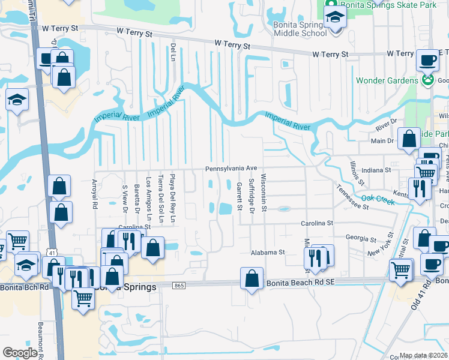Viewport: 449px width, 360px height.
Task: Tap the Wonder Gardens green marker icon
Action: [427, 80]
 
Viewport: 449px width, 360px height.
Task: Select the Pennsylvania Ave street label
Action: [231, 169]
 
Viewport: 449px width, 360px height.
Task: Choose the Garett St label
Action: [238, 196]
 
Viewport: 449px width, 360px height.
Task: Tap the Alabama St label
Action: [268, 253]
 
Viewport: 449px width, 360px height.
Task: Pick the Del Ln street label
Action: [173, 51]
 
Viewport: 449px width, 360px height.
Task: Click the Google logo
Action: [20, 353]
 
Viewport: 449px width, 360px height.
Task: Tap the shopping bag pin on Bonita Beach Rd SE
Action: [252, 278]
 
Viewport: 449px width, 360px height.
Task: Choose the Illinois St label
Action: [356, 172]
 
